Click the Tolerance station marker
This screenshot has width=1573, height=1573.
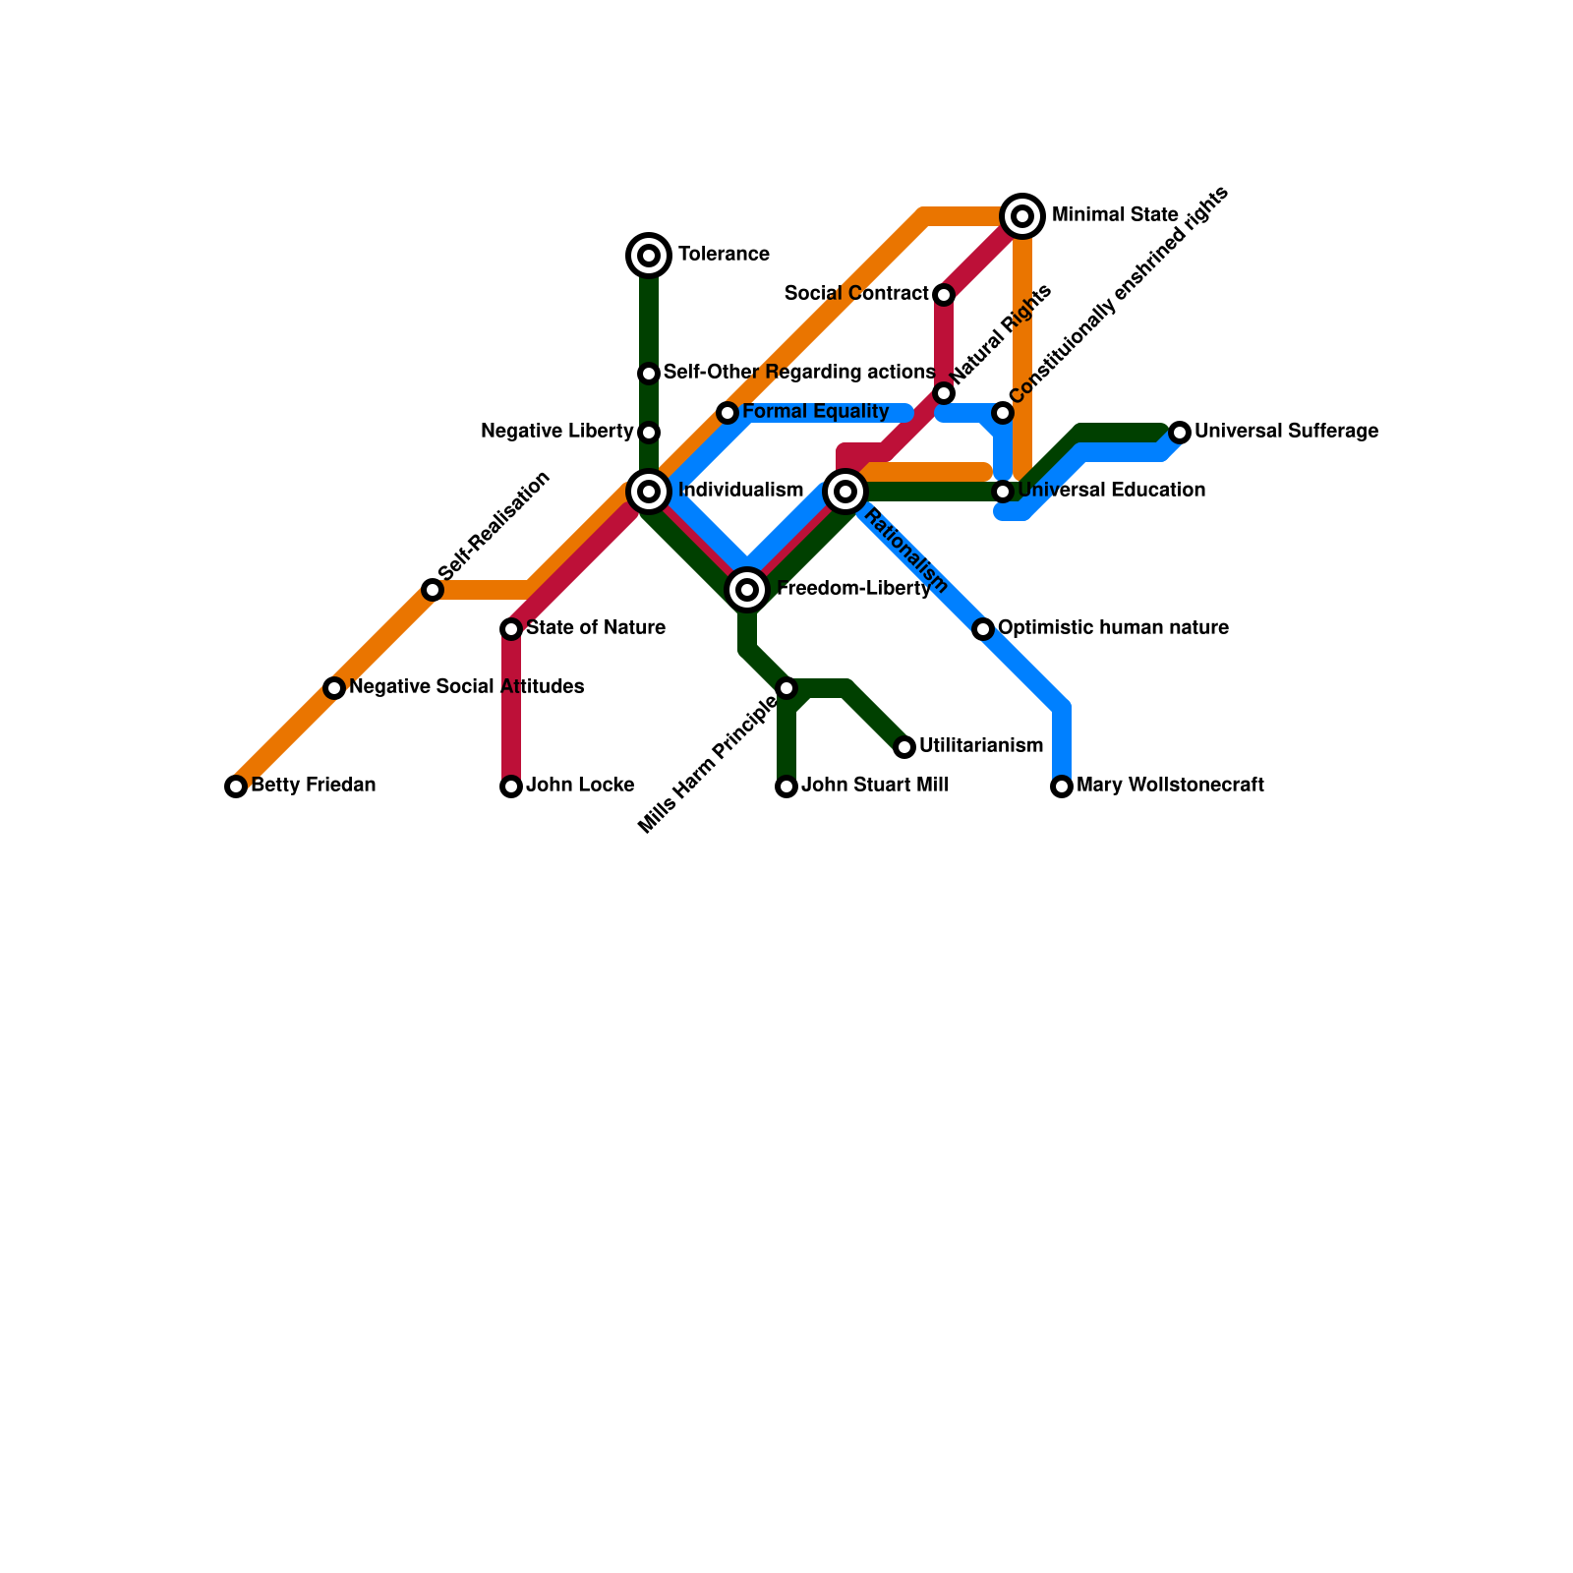coord(649,256)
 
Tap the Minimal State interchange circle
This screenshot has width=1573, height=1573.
coord(1022,216)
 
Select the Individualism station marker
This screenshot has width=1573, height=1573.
coord(649,492)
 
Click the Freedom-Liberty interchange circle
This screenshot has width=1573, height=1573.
coord(747,590)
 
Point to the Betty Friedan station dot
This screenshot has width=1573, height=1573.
coord(236,786)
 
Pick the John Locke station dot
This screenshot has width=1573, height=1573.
coord(511,786)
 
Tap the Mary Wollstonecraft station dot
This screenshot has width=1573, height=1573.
coord(1062,786)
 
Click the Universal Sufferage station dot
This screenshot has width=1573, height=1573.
coord(1180,433)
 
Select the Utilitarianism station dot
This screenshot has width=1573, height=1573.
coord(904,747)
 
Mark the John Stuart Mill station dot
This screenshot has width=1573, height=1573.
coord(786,786)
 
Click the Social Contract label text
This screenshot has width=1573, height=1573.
coord(856,294)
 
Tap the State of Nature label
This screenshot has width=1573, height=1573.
coord(596,628)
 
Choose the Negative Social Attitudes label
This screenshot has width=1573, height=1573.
coord(467,687)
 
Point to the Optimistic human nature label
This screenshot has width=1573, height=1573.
coord(1113,628)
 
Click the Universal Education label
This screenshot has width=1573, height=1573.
coord(1112,491)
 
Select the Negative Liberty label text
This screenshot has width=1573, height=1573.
coord(557,432)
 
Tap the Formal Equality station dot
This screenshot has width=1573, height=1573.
coord(728,413)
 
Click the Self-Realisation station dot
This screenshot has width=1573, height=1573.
coord(433,590)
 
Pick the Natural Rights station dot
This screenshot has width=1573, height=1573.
coord(944,393)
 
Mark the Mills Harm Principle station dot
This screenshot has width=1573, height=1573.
coord(786,688)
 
